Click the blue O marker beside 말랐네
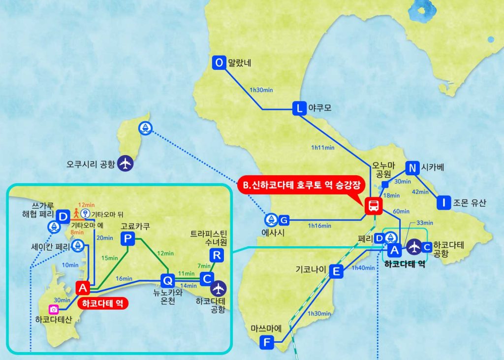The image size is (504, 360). (219, 63)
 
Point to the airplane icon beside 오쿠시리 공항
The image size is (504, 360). (126, 163)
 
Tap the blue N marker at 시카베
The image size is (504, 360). (412, 168)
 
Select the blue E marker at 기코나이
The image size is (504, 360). (336, 271)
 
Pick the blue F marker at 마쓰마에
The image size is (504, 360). (266, 341)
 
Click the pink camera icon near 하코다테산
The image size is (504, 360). (54, 309)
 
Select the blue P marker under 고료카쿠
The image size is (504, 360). (127, 239)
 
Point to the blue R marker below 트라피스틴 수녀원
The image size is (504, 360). (216, 255)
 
